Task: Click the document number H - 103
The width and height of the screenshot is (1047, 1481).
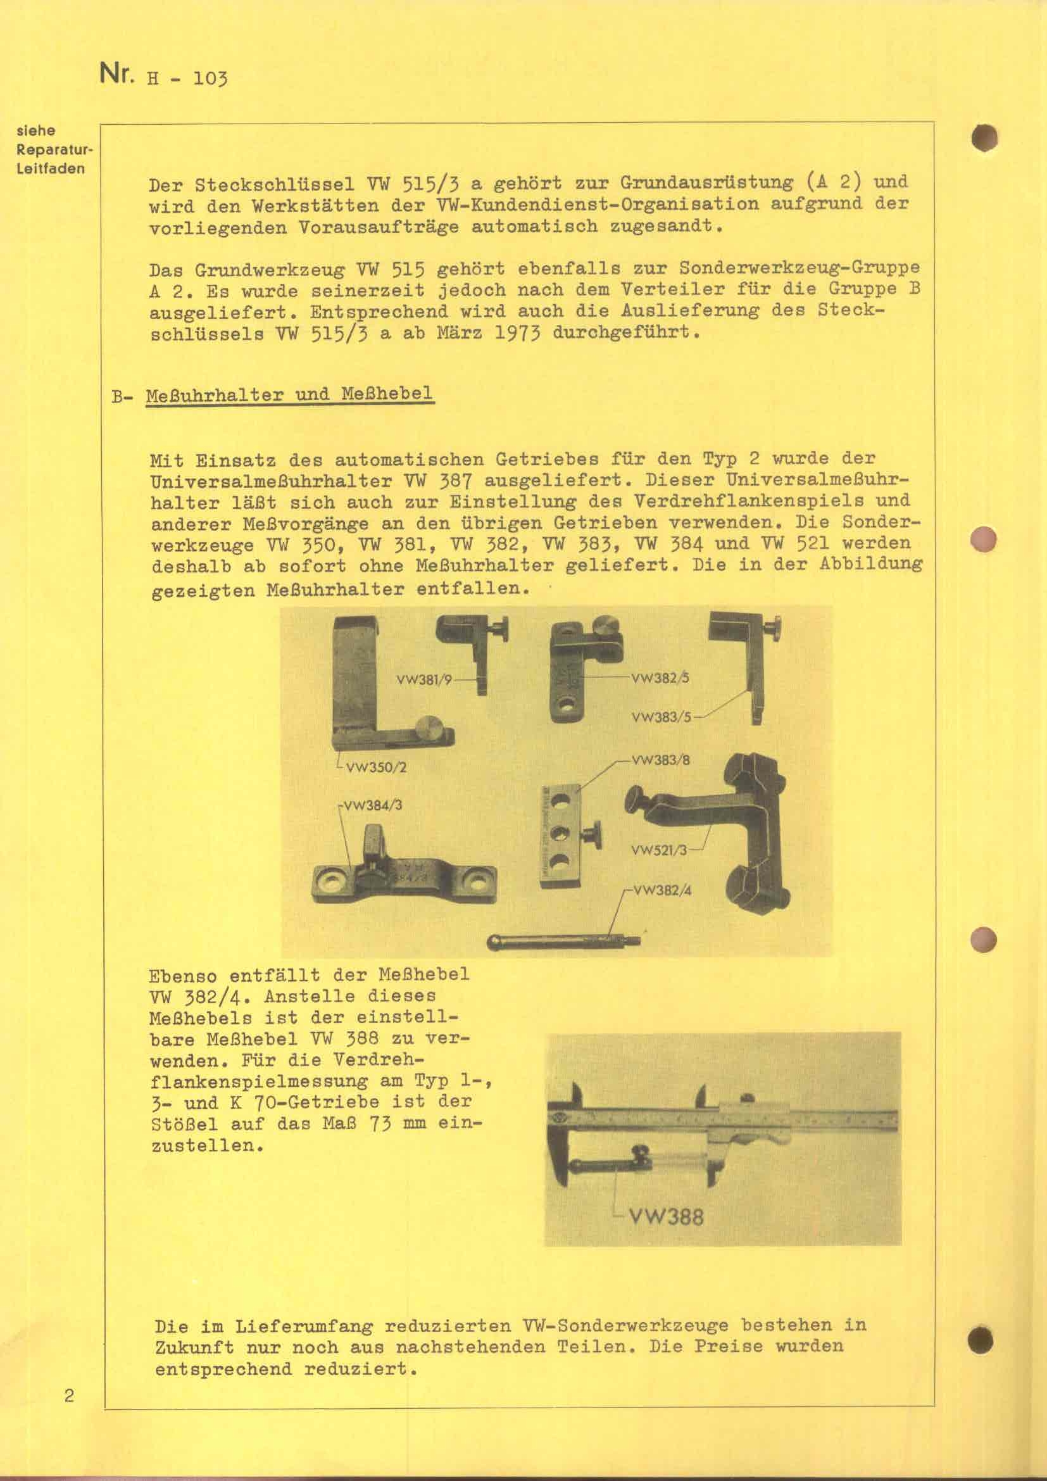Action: tap(187, 79)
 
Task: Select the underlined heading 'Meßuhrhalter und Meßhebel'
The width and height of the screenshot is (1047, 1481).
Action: tap(289, 394)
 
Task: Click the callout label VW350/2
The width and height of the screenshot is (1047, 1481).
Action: tap(376, 767)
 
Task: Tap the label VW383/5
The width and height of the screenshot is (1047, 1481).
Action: tap(661, 717)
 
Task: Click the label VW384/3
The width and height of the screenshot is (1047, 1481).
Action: tap(373, 805)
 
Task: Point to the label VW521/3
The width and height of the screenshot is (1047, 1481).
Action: tap(660, 850)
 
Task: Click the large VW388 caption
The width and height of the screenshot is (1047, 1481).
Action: tap(666, 1217)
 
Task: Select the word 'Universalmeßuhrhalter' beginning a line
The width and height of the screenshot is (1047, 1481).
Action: tap(271, 481)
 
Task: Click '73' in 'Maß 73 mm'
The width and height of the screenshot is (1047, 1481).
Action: tap(380, 1123)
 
